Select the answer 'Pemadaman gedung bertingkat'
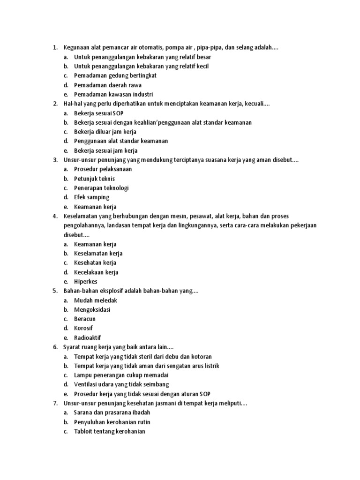coord(115,75)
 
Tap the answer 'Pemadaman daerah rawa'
coord(107,85)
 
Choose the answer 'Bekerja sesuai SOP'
coord(99,113)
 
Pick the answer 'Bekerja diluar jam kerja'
coord(105,132)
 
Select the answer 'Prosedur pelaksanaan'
coord(103,169)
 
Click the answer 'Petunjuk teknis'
coord(94,179)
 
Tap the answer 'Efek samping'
coord(91,197)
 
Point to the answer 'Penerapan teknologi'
coord(101,188)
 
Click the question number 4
coord(55,216)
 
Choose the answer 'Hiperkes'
coord(86,282)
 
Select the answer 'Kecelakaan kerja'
coord(96,272)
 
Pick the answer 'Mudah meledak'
coord(95,300)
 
